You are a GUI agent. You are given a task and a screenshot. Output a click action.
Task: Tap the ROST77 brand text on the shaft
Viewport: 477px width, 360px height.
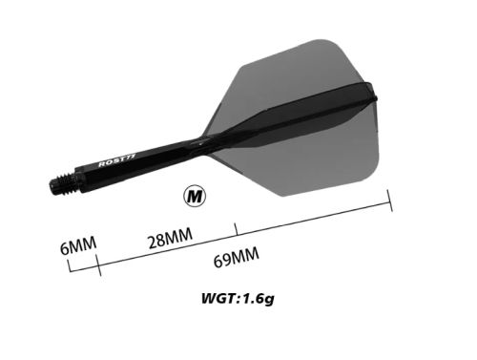[x=117, y=160]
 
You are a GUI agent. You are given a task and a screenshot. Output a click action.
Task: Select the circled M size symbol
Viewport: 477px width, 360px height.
[x=195, y=197]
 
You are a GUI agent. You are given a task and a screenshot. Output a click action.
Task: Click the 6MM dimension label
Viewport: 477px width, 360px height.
[x=78, y=245]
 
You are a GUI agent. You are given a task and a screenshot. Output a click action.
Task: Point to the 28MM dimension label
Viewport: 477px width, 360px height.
[x=171, y=238]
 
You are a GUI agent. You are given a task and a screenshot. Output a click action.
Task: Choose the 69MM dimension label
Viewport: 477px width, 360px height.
[x=237, y=258]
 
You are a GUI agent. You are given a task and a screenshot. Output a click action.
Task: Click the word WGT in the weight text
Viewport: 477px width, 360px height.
[x=218, y=299]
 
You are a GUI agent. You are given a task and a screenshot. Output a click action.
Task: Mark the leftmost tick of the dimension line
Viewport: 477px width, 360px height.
[x=70, y=265]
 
